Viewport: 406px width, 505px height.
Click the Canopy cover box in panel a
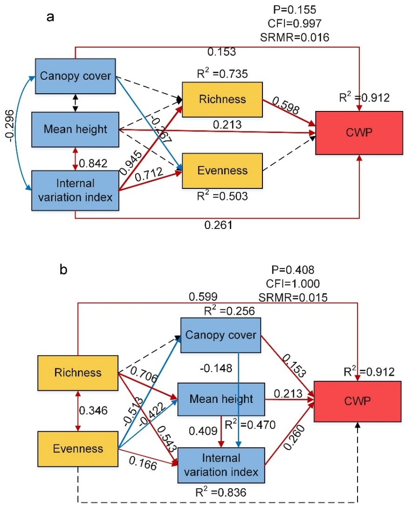(75, 76)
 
